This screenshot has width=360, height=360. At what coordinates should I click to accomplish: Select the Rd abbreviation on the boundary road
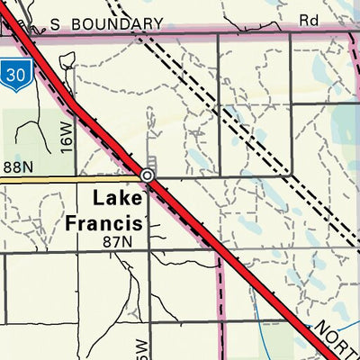point(310,18)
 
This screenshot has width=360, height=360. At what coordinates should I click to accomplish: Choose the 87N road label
point(117,241)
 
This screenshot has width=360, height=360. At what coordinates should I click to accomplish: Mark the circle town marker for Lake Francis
point(147,175)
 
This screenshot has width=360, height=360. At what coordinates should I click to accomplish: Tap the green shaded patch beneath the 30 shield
point(27,135)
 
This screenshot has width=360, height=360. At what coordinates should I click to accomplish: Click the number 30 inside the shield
point(13,73)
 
